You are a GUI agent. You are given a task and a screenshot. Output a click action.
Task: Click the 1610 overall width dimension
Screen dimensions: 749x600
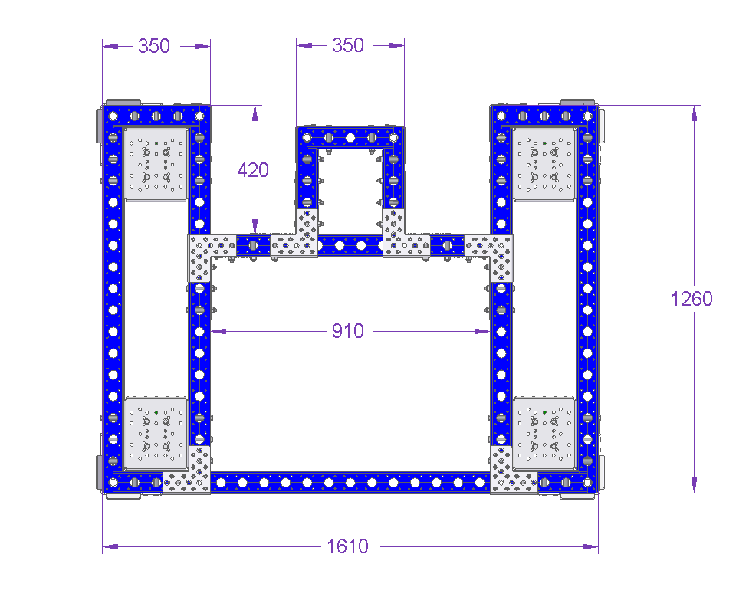[x=347, y=546]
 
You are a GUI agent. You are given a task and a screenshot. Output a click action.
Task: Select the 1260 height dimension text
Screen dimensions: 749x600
[x=692, y=299]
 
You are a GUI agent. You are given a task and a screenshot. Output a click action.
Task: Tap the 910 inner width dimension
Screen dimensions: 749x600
[x=348, y=331]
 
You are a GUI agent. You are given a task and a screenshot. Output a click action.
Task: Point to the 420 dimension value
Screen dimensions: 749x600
[x=253, y=170]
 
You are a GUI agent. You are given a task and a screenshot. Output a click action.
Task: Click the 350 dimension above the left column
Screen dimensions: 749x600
[x=154, y=46]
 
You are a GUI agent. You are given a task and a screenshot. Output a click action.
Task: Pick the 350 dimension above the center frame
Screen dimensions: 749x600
[x=348, y=45]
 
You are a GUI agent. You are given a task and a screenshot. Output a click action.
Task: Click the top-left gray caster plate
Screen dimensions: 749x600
[x=156, y=164]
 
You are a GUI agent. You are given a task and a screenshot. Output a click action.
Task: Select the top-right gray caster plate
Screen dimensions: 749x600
[x=544, y=164]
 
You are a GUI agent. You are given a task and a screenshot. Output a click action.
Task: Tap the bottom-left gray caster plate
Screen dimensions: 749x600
[x=156, y=433]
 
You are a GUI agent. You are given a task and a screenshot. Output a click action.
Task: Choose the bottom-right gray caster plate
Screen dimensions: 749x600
[x=544, y=433]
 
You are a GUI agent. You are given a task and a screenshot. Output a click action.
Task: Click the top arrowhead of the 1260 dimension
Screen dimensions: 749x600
[x=694, y=113]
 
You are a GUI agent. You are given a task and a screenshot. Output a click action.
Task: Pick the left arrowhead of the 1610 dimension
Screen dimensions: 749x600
[x=110, y=546]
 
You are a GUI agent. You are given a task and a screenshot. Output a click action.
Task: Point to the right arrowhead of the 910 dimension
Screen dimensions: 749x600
[x=482, y=331]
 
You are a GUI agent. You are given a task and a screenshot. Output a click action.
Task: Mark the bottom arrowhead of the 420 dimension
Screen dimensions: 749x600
[x=255, y=227]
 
